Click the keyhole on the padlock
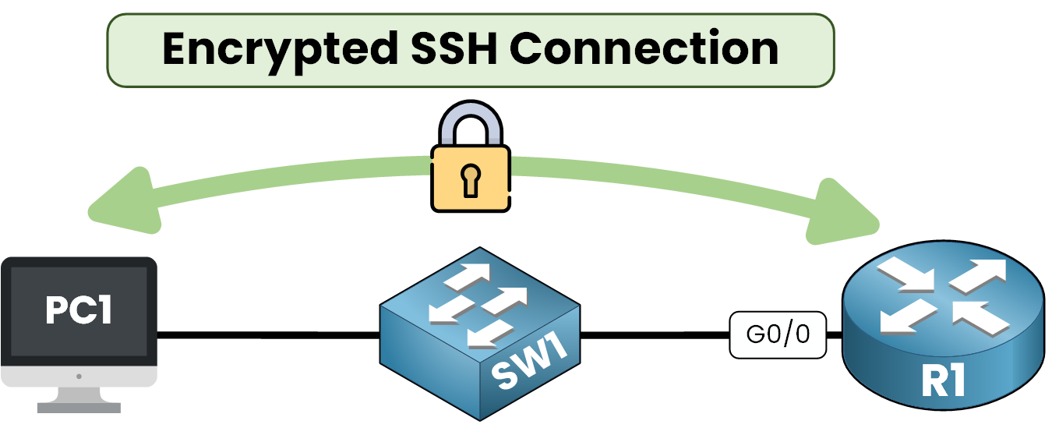471,182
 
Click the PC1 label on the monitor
79,310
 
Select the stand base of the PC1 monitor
79,406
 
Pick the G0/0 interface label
778,335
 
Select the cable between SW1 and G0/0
655,336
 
